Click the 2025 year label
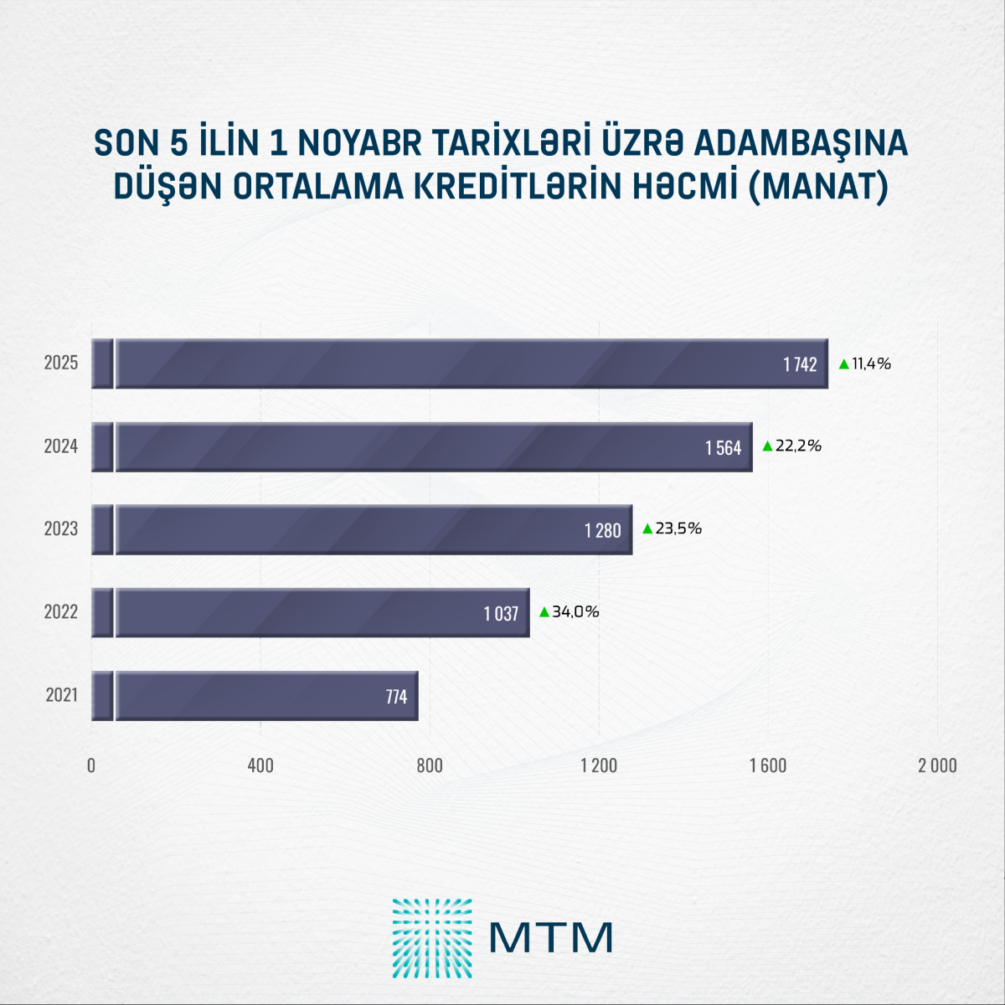pyautogui.click(x=61, y=363)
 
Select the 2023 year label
pyautogui.click(x=61, y=529)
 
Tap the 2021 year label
pyautogui.click(x=61, y=695)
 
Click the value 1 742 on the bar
pyautogui.click(x=800, y=364)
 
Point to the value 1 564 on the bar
pyautogui.click(x=723, y=448)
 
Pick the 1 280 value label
pyautogui.click(x=602, y=530)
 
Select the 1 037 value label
pyautogui.click(x=501, y=614)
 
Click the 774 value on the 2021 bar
pyautogui.click(x=396, y=697)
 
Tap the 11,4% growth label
pyautogui.click(x=871, y=363)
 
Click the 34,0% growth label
pyautogui.click(x=575, y=612)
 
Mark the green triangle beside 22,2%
pyautogui.click(x=767, y=446)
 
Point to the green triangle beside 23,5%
pyautogui.click(x=647, y=529)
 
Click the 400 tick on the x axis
pyautogui.click(x=260, y=765)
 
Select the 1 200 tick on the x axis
pyautogui.click(x=599, y=765)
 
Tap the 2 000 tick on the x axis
pyautogui.click(x=937, y=765)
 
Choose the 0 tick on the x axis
pyautogui.click(x=91, y=765)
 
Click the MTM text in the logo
pyautogui.click(x=551, y=937)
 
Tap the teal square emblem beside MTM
pyautogui.click(x=431, y=938)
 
